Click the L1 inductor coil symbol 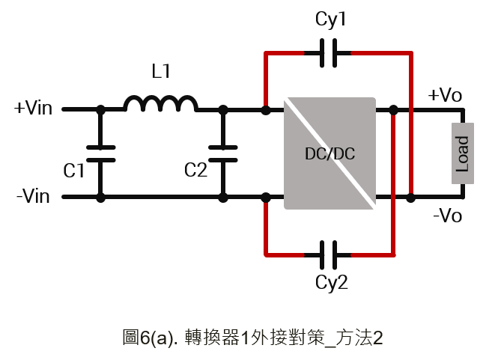[x=161, y=103]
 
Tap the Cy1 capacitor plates [x=328, y=53]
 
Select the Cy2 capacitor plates [x=328, y=255]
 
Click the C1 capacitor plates [x=100, y=154]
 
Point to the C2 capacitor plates [x=223, y=154]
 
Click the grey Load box [x=463, y=153]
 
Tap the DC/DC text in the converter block [x=330, y=154]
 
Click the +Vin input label [x=33, y=108]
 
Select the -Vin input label [x=33, y=196]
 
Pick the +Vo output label [x=445, y=95]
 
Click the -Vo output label [x=448, y=216]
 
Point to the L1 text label [x=161, y=71]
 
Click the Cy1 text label [x=330, y=19]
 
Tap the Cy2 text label [x=331, y=282]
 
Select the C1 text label [x=73, y=171]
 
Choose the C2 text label [x=195, y=170]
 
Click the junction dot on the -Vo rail [x=410, y=198]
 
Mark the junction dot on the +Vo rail [x=393, y=110]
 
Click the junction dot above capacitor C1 [x=100, y=110]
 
